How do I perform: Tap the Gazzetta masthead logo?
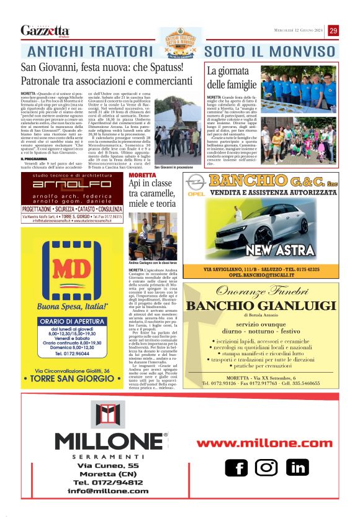pos(45,30)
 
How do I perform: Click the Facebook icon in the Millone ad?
pos(235,467)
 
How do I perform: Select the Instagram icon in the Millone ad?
pos(266,467)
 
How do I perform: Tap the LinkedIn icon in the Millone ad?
pos(297,467)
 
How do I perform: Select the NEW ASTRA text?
pos(278,251)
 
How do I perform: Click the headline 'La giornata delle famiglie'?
pos(233,78)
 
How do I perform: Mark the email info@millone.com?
pos(104,490)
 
